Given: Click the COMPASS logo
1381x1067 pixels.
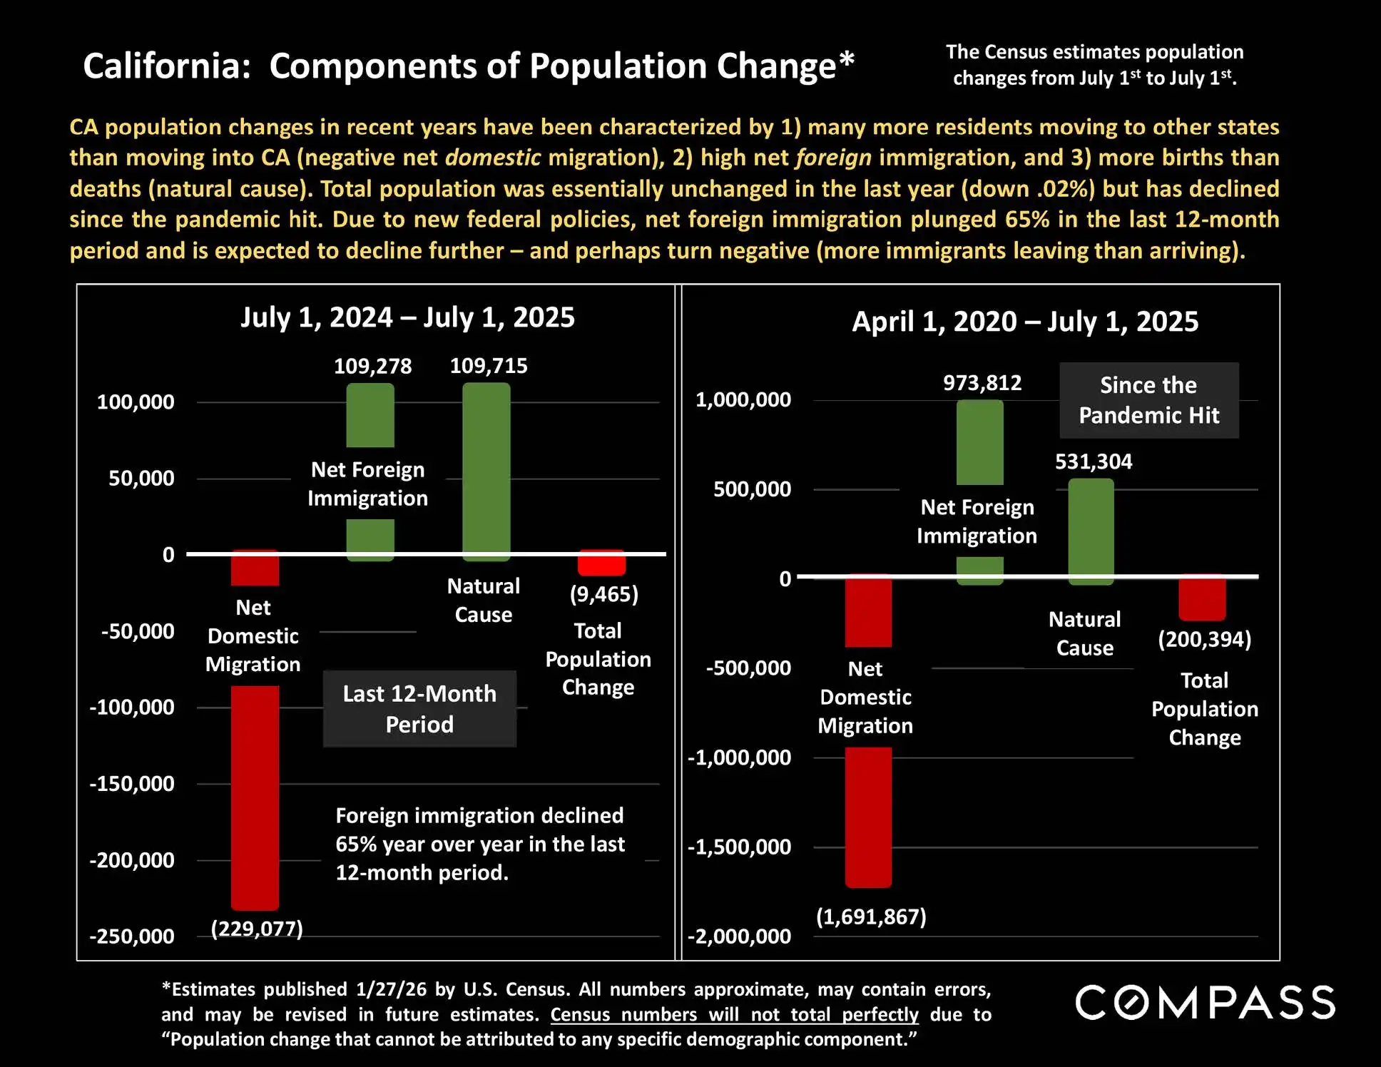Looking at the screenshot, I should click(x=1205, y=1002).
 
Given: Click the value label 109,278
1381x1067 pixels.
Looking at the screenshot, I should click(x=372, y=367).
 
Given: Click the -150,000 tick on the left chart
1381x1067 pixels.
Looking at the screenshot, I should click(x=132, y=784).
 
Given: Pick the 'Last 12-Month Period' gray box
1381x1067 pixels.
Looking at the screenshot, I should click(x=419, y=709).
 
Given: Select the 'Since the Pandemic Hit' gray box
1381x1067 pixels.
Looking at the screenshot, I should click(x=1148, y=400).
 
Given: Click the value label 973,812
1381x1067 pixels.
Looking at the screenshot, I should click(x=982, y=383).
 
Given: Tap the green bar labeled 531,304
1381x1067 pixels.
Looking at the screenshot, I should click(x=1091, y=531).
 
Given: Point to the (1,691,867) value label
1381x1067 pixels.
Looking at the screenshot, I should click(x=871, y=917).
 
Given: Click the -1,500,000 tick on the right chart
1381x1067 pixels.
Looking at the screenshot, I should click(x=740, y=847).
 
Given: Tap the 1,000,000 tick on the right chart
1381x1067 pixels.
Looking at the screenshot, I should click(x=743, y=399).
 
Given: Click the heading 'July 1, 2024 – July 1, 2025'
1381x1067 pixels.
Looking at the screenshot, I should click(x=407, y=317).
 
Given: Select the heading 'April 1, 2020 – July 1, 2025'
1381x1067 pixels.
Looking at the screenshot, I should click(x=1025, y=322).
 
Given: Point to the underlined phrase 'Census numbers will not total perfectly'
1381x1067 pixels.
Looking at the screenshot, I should click(x=734, y=1014).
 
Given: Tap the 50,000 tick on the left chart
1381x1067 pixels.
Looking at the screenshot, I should click(x=141, y=478).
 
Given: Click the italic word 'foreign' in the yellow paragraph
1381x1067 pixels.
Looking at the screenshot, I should click(x=833, y=158).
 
